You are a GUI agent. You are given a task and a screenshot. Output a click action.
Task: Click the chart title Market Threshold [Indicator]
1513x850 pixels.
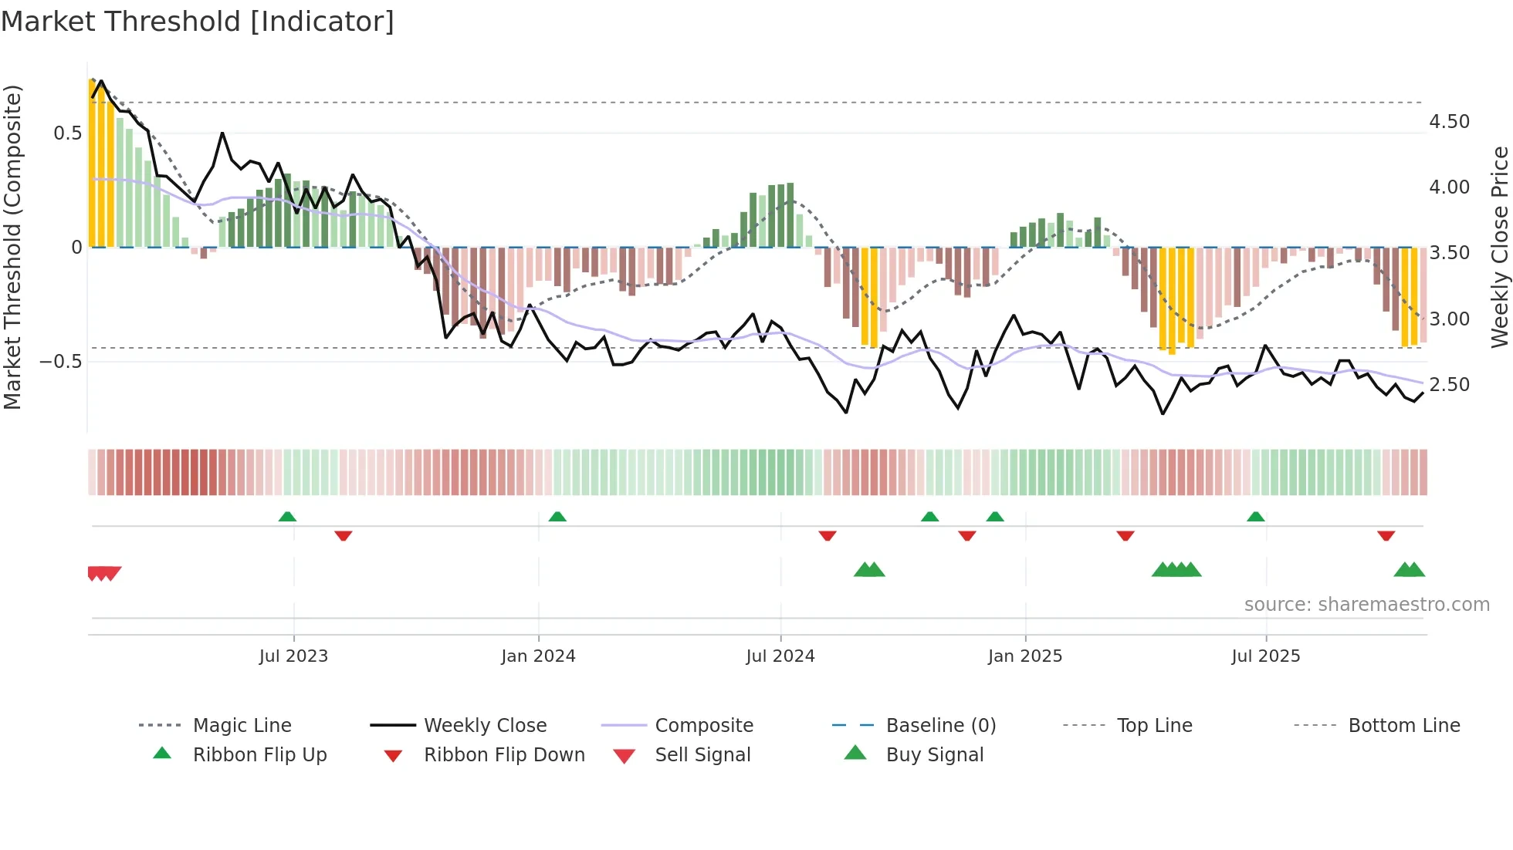(198, 22)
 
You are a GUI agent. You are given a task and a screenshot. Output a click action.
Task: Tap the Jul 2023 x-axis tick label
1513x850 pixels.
(293, 656)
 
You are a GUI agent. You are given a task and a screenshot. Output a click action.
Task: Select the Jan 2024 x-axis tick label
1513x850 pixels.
(538, 656)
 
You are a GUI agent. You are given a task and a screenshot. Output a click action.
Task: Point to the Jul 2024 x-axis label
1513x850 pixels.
(780, 656)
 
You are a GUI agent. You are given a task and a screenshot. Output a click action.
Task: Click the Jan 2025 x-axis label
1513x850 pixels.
(1025, 656)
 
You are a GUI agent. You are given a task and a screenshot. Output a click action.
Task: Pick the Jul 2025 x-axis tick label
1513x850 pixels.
(1266, 656)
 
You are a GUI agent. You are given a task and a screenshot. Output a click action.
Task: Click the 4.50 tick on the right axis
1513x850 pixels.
(1449, 122)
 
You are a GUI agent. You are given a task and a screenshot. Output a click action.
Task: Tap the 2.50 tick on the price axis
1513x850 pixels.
(1449, 385)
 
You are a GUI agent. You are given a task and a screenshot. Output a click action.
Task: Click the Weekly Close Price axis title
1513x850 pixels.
(1499, 247)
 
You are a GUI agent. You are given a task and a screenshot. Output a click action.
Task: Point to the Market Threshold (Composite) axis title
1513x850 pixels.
(12, 247)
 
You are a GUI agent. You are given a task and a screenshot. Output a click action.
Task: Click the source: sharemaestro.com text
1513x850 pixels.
(1366, 605)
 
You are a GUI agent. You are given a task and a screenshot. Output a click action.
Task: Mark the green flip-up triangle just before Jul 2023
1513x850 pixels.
(287, 516)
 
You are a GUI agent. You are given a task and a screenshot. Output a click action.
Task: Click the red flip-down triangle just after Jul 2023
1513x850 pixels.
(344, 535)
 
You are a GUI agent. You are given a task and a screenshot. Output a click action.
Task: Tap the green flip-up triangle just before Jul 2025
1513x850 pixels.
(1256, 516)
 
